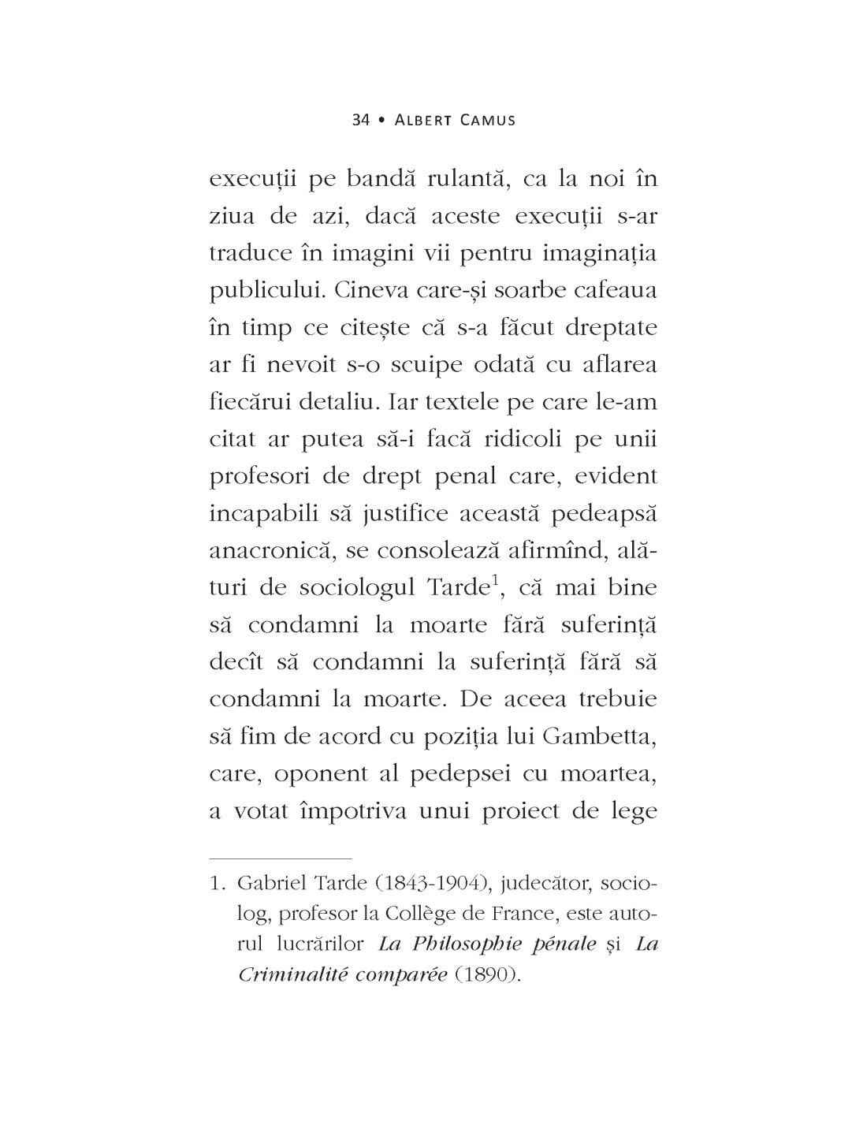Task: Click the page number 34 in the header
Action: coord(361,120)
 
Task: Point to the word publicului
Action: coord(267,291)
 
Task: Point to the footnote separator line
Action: coord(280,857)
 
